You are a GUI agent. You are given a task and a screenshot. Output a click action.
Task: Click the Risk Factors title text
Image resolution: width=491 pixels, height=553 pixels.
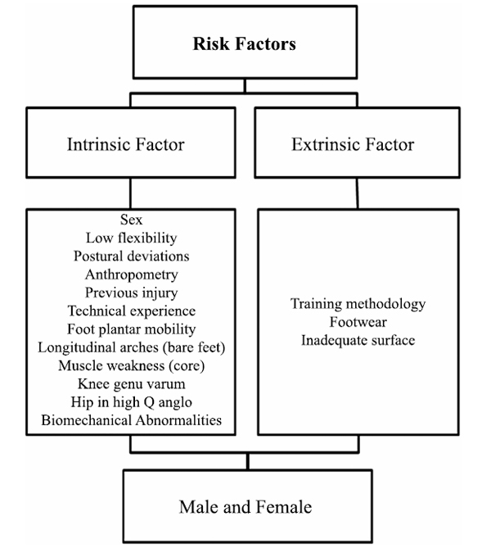pos(245,43)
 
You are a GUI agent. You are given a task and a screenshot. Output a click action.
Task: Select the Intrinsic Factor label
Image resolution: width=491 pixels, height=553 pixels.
pos(126,144)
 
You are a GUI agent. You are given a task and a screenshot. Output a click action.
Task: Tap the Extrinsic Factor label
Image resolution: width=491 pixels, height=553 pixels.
pos(353,144)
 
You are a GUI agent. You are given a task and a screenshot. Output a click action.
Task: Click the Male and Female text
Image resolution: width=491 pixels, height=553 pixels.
pos(245,507)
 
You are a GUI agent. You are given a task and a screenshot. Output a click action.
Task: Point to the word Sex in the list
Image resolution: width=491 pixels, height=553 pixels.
pos(132,220)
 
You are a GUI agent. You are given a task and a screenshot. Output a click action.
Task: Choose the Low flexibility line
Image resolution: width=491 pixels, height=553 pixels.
pos(132,238)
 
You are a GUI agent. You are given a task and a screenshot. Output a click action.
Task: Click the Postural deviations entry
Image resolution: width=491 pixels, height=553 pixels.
pos(132,256)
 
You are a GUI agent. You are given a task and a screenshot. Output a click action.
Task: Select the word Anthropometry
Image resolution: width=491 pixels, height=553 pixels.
pos(132,274)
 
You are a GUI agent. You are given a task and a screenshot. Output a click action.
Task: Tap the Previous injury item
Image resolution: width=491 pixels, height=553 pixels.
pos(132,292)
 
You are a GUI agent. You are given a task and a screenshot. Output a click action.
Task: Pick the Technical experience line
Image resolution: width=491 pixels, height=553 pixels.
pos(132,311)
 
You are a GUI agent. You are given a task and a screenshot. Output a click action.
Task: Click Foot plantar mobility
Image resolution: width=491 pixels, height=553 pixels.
pos(132,329)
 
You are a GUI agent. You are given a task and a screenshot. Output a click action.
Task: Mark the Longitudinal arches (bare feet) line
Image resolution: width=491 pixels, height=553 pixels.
pos(132,347)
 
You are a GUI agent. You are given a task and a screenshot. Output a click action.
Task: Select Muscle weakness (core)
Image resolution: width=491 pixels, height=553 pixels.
pos(132,365)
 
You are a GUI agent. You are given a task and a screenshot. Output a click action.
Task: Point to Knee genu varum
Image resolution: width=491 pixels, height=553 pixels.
pos(132,384)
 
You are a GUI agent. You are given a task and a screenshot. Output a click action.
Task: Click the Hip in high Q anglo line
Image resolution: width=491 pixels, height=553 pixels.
pos(132,402)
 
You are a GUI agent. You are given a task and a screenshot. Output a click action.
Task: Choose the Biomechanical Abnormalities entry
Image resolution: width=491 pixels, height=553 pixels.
pos(132,420)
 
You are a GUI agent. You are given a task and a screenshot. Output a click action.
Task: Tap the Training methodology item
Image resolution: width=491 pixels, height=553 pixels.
pos(358,304)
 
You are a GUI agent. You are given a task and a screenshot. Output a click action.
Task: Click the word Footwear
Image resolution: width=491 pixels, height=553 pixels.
pos(358,322)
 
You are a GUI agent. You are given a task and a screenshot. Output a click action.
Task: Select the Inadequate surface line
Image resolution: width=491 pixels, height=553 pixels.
pos(358,340)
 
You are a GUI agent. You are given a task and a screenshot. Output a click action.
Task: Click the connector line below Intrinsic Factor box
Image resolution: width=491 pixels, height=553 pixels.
pos(130,193)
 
